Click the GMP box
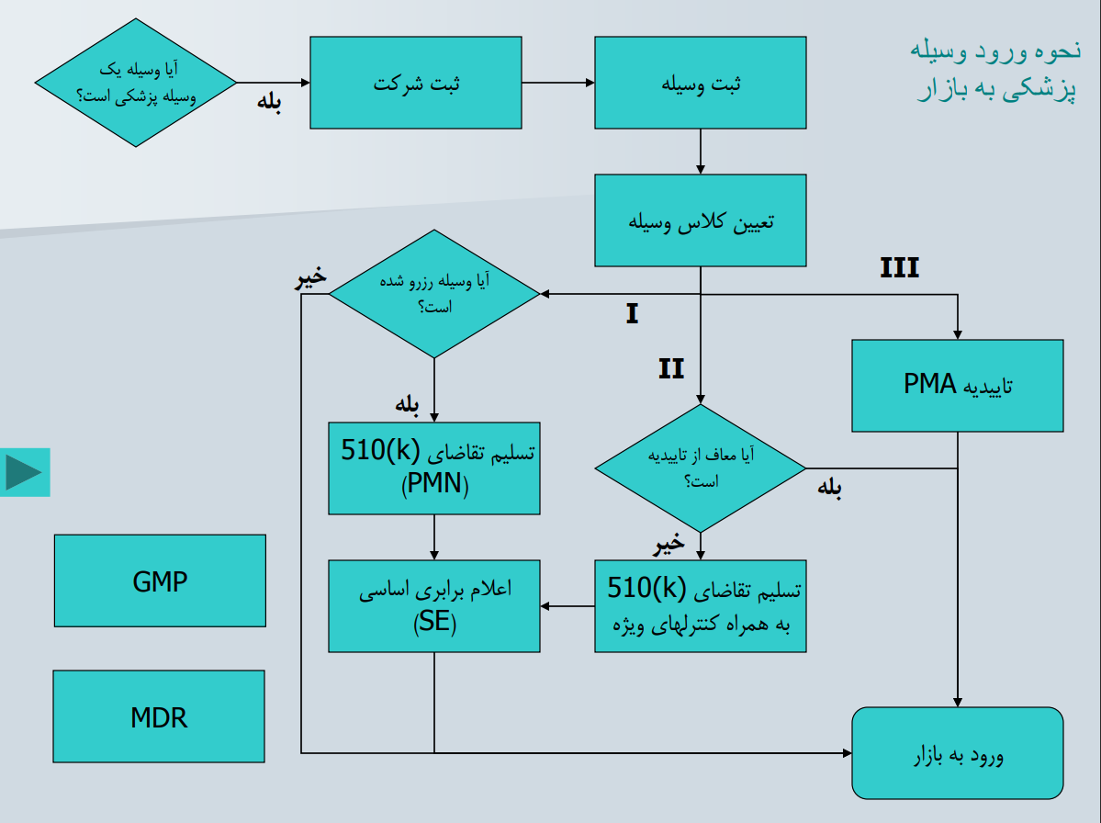[160, 581]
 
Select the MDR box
[159, 716]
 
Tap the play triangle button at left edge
[25, 472]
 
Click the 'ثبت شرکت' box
[415, 83]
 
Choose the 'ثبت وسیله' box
[700, 83]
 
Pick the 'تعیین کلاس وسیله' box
[700, 220]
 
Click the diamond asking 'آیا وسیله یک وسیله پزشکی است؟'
[136, 83]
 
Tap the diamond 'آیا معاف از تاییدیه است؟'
[700, 468]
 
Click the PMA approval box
[957, 386]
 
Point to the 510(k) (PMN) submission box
[433, 468]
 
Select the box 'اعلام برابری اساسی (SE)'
[433, 606]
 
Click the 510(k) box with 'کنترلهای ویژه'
[700, 606]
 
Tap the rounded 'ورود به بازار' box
[957, 753]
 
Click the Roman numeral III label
[899, 268]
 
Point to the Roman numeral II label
[671, 369]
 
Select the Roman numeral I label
[632, 314]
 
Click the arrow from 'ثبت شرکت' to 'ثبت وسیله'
[557, 83]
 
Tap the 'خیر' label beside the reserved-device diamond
[310, 279]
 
